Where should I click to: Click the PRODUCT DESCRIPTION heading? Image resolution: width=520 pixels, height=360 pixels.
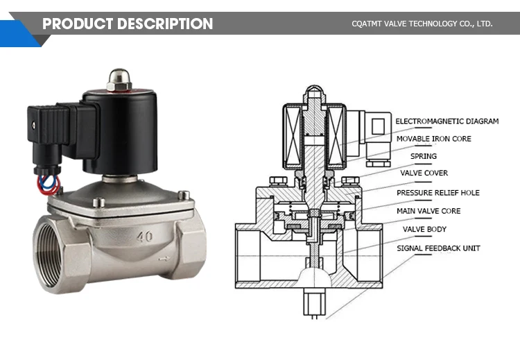[x=128, y=24]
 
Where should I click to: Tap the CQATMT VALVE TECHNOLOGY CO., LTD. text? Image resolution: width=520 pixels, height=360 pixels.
[x=422, y=24]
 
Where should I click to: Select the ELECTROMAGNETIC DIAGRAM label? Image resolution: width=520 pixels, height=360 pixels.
[x=447, y=121]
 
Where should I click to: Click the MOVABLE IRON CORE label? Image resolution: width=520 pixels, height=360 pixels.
[x=433, y=139]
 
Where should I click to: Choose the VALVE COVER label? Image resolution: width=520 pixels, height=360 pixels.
[x=424, y=173]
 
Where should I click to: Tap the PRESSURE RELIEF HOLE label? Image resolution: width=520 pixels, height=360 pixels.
[x=437, y=192]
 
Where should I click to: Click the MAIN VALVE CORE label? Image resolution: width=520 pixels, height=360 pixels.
[x=428, y=210]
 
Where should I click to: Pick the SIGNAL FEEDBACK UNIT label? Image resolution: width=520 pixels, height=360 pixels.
[x=437, y=248]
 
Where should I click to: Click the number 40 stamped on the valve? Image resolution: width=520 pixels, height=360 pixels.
[x=145, y=237]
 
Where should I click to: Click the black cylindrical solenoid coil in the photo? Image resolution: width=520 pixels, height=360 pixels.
[x=119, y=132]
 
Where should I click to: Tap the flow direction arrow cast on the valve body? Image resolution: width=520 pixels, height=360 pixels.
[x=164, y=259]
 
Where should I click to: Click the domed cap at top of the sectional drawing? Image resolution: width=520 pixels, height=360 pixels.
[x=314, y=93]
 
